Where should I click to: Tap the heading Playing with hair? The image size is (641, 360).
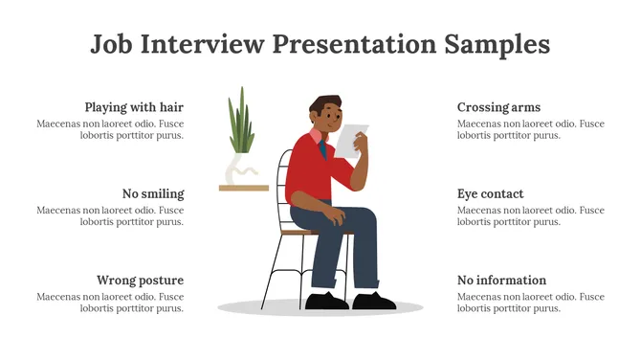tap(134, 107)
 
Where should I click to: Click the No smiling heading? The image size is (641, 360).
tap(153, 193)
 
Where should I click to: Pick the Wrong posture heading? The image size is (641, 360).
tap(140, 281)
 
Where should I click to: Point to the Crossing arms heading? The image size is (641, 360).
tap(498, 107)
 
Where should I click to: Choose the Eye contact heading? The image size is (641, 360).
tap(490, 193)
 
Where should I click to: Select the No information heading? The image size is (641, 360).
tap(501, 281)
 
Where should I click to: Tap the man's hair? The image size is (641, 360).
tap(326, 103)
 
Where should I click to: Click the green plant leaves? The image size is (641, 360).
tap(242, 123)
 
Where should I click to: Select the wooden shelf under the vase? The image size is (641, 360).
tap(244, 188)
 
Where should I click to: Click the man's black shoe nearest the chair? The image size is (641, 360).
tap(327, 301)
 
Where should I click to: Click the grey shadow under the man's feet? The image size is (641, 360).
tap(287, 308)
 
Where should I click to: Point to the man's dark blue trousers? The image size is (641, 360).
tap(362, 244)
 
